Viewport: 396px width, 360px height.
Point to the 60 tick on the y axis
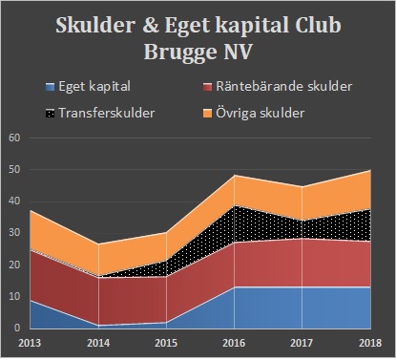pyautogui.click(x=12, y=138)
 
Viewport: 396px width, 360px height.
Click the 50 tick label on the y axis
pyautogui.click(x=12, y=169)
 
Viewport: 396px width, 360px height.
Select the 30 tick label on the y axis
pyautogui.click(x=12, y=233)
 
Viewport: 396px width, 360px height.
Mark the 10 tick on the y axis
pyautogui.click(x=12, y=296)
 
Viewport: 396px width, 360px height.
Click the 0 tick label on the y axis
pyautogui.click(x=16, y=328)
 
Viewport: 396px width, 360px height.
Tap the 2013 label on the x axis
pyautogui.click(x=31, y=342)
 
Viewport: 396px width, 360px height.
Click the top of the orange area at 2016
pyautogui.click(x=235, y=176)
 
